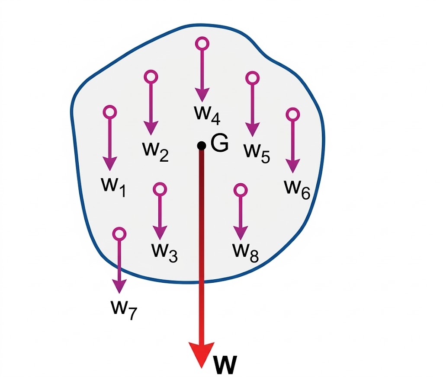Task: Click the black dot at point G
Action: tap(202, 146)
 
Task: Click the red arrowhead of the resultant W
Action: tap(202, 354)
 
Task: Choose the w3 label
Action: tap(164, 251)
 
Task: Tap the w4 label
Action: tap(207, 113)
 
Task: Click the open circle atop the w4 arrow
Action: tap(202, 43)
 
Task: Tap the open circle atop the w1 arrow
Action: tap(110, 112)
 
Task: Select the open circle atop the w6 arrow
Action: tap(293, 114)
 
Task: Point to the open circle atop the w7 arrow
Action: tap(119, 234)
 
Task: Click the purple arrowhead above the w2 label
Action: tap(151, 128)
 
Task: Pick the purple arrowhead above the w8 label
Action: tap(240, 233)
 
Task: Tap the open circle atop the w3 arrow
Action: tap(160, 189)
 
